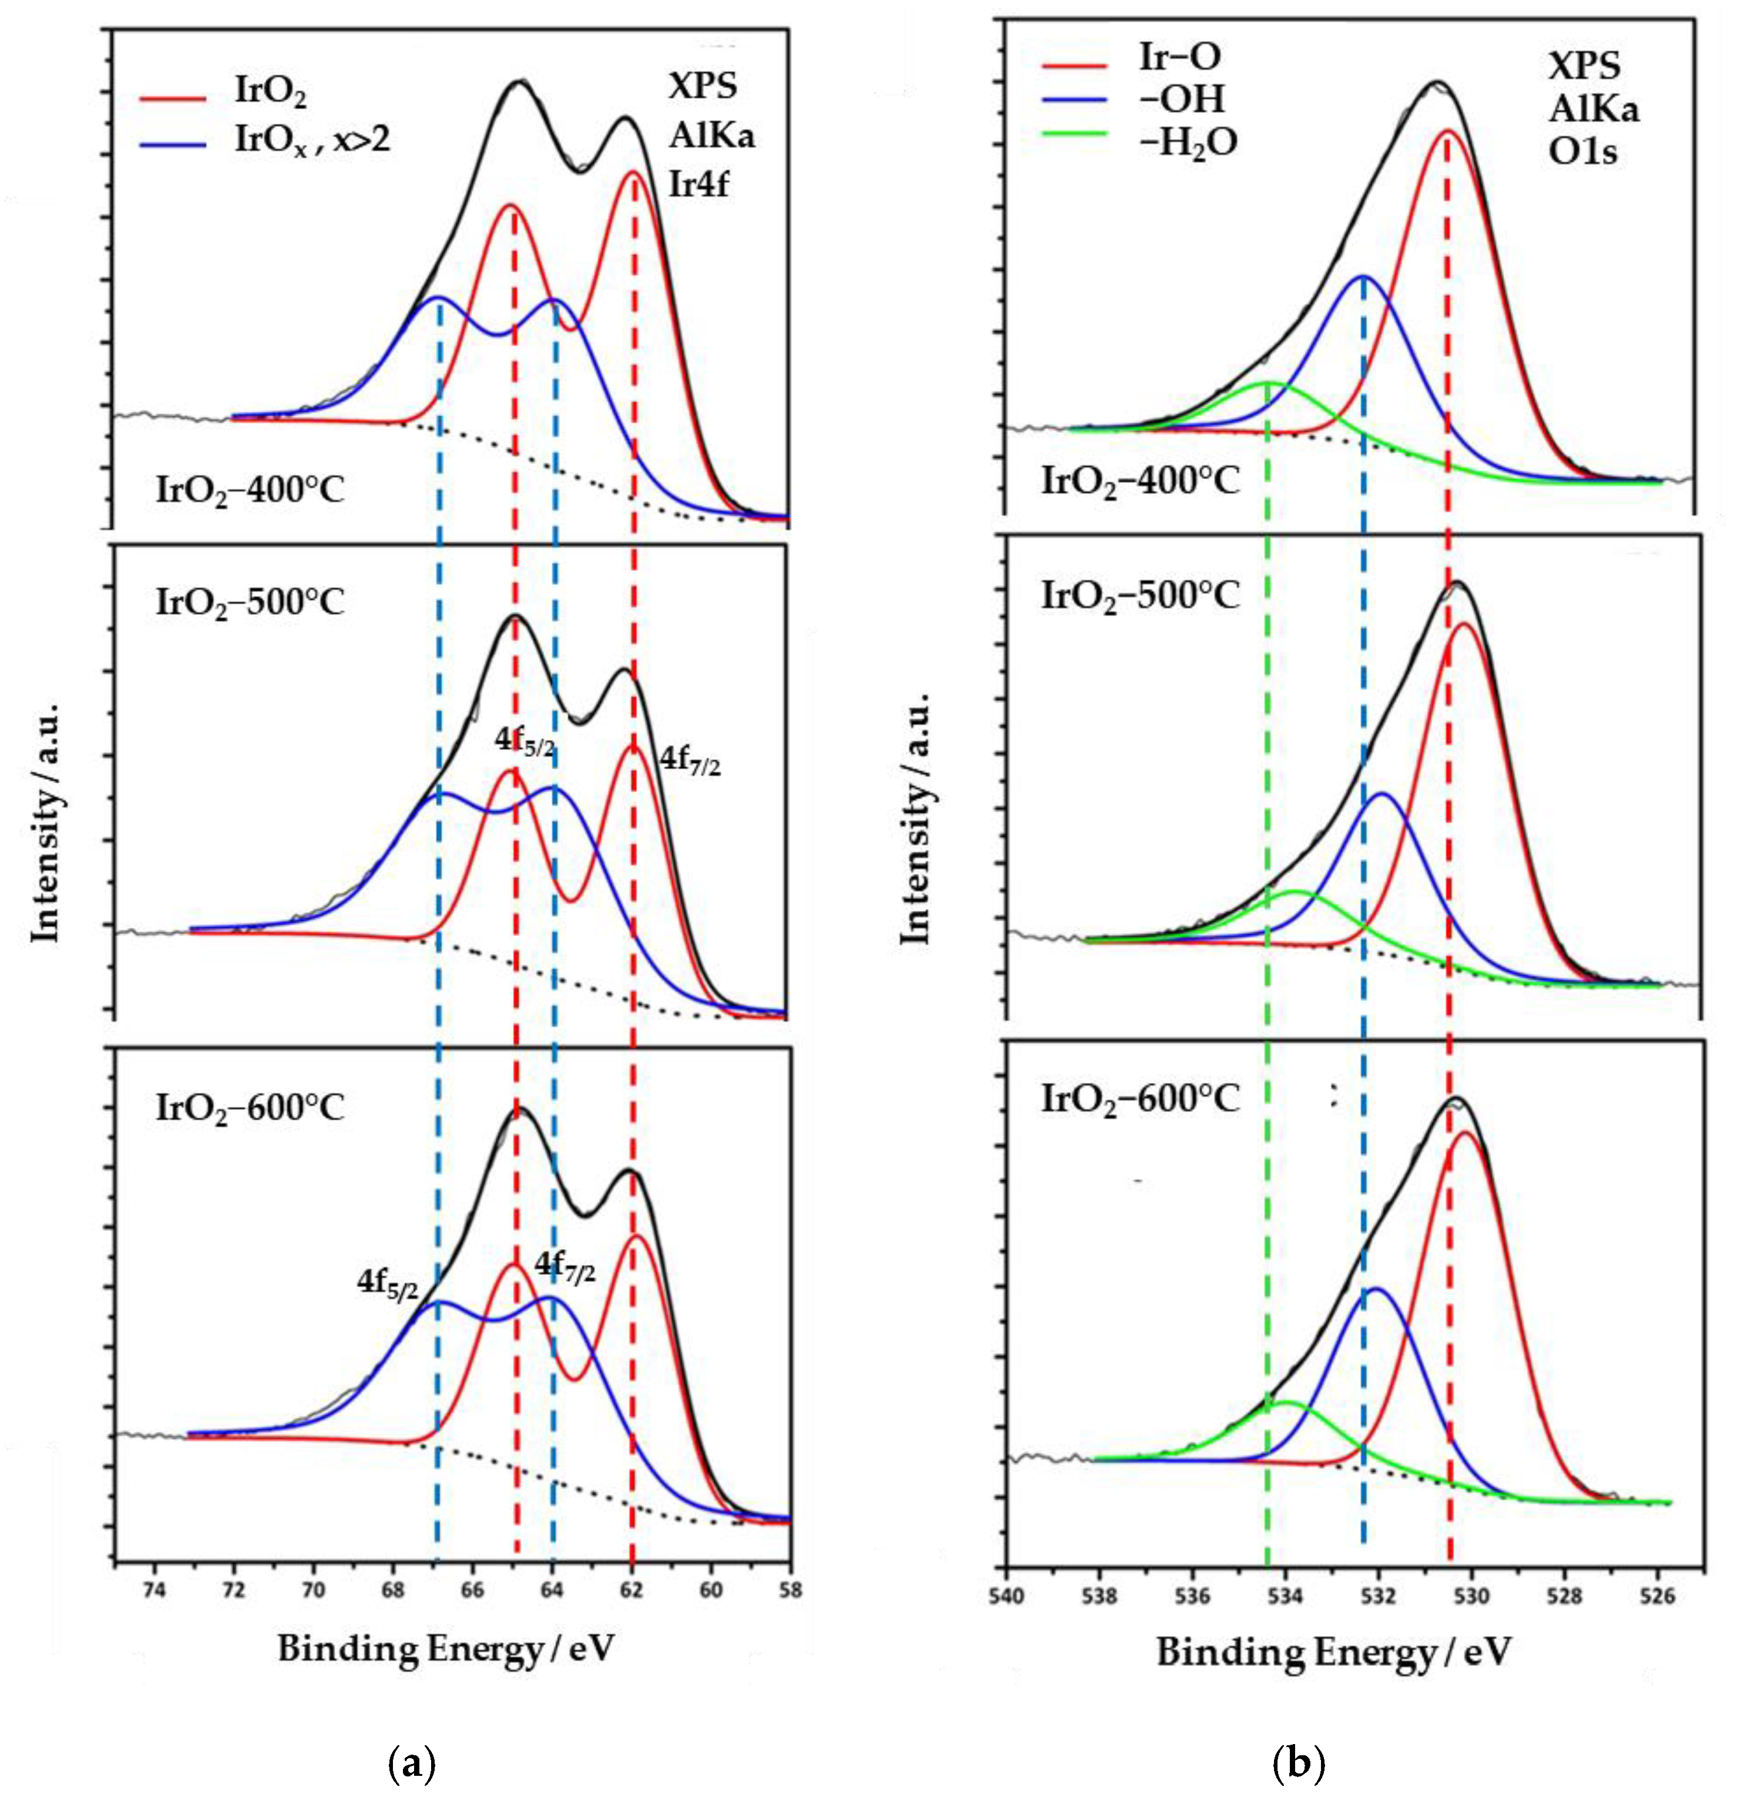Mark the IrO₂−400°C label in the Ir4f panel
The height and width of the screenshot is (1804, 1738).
coord(250,490)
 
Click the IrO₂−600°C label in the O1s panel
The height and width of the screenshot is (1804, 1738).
coord(1139,1099)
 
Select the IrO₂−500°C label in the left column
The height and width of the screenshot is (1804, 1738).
coord(250,603)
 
